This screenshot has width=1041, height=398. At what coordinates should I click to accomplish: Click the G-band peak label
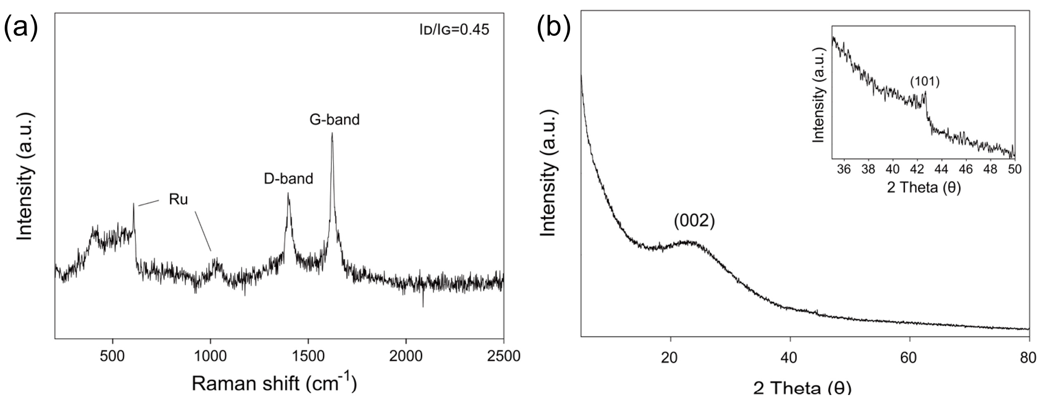[x=335, y=119]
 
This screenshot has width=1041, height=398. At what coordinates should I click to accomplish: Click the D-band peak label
[x=288, y=178]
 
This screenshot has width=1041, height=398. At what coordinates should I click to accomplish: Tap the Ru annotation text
[x=178, y=200]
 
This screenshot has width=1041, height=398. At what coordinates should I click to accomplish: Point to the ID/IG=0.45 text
[x=454, y=30]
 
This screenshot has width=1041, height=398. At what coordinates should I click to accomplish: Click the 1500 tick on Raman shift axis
[x=308, y=356]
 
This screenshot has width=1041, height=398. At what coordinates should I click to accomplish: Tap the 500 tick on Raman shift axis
[x=112, y=356]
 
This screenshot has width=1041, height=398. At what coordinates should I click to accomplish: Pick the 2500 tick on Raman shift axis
[x=503, y=356]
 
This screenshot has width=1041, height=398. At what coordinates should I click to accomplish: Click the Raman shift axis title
[x=274, y=383]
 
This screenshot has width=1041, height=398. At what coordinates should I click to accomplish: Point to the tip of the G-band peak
[x=332, y=133]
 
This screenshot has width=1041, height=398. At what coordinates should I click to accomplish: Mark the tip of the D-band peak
[x=288, y=193]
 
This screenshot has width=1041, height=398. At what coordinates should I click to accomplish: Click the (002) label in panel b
[x=694, y=222]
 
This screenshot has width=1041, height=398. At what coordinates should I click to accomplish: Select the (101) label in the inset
[x=925, y=82]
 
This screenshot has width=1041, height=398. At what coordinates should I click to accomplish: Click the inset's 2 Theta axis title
[x=924, y=187]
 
